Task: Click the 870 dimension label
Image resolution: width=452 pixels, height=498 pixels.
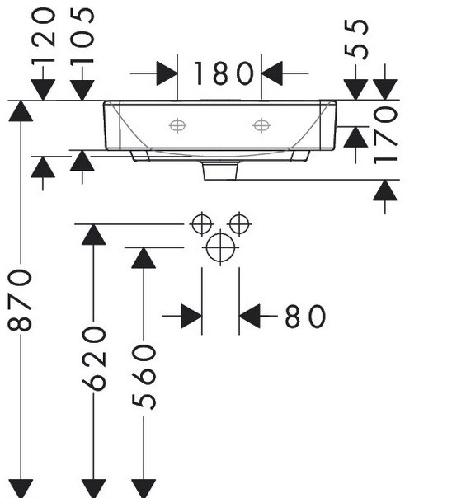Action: tap(20, 300)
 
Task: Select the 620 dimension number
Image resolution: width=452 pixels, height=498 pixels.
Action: tap(94, 359)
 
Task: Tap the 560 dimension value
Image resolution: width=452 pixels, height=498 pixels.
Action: tap(144, 377)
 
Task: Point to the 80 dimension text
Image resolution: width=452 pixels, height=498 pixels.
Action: tap(305, 316)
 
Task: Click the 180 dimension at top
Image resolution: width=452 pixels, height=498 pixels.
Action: tap(224, 73)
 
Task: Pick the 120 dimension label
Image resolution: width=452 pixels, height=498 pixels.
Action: tap(44, 35)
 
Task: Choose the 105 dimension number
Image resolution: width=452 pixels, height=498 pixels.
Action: tap(82, 36)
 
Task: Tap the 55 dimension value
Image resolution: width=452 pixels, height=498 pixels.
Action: tap(356, 39)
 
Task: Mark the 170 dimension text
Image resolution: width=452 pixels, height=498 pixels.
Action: tap(385, 135)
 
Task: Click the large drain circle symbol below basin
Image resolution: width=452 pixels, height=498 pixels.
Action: tap(220, 247)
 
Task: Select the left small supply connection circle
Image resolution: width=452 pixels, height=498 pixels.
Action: tap(202, 224)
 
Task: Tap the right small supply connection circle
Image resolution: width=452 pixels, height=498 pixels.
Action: tap(239, 224)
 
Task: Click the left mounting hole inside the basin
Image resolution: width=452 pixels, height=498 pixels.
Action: tap(177, 125)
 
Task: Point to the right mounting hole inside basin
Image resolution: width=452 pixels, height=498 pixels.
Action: tap(261, 125)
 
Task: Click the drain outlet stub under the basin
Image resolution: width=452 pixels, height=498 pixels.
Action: tap(221, 171)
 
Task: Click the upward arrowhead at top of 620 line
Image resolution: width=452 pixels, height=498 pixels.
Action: tap(94, 234)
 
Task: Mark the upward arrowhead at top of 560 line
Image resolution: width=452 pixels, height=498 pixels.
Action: tap(144, 258)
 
